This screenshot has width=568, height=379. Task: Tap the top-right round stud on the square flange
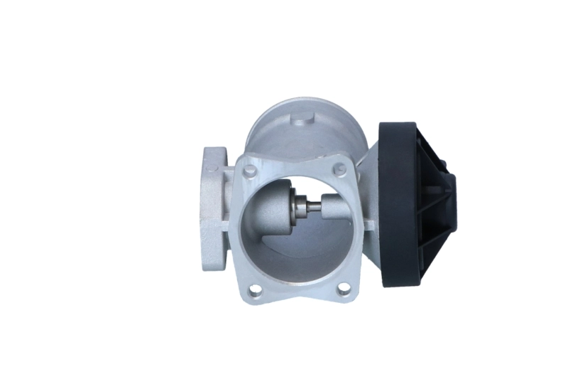point(339,168)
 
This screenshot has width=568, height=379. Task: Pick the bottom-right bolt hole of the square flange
point(344,289)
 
